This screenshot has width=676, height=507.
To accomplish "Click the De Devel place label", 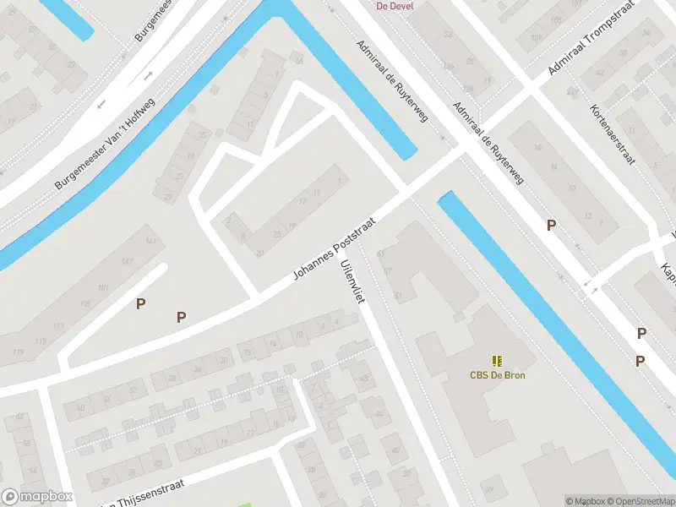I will point(394,5).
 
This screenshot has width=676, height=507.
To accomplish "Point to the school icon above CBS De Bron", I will point(496,361).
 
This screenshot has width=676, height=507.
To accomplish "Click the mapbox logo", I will point(37,497).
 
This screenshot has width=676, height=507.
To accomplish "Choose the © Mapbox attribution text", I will point(585,501).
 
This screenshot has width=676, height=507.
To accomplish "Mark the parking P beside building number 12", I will point(551,225).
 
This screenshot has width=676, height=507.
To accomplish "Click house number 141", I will point(151,243).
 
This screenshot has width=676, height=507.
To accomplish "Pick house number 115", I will point(40,341).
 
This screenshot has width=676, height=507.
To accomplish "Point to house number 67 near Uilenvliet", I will point(388,272).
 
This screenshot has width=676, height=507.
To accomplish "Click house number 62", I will point(19,417).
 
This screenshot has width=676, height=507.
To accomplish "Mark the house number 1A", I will point(297,61).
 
